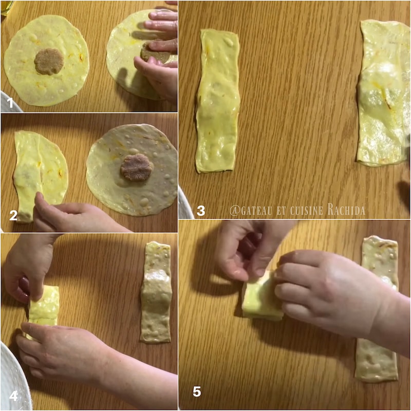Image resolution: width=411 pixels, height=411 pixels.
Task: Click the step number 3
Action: click(201, 211)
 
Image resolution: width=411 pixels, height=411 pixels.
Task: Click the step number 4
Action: click(13, 396)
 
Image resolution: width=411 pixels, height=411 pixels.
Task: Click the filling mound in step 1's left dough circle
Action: click(49, 62)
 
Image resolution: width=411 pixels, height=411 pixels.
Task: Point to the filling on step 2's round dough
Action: click(137, 168)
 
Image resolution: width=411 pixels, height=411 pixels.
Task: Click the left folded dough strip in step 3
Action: click(218, 101)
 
